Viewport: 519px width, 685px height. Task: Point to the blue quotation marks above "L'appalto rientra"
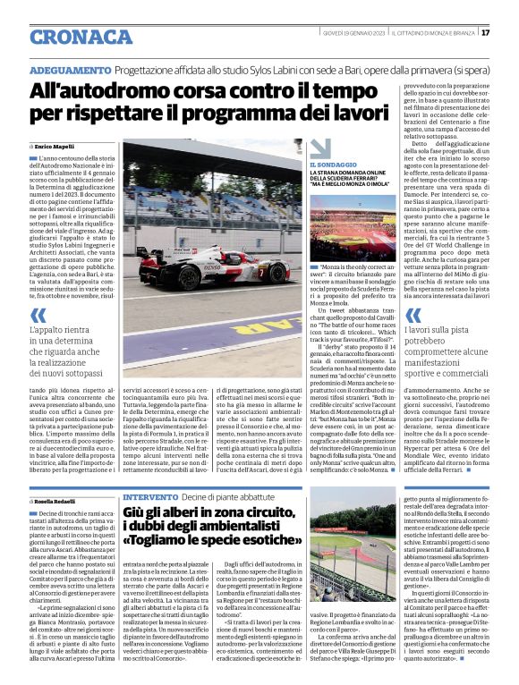coord(38,315)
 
